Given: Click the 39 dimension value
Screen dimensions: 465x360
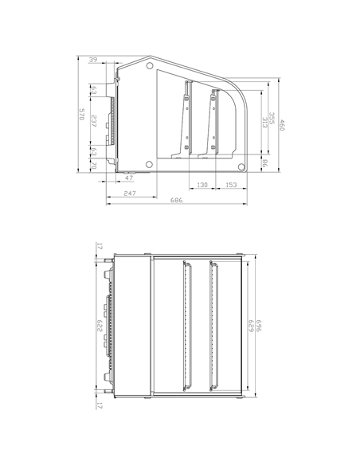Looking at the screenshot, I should (x=93, y=61).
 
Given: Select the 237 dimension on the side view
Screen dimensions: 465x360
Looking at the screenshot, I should (x=94, y=122).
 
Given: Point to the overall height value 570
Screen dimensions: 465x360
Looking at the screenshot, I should (x=80, y=115).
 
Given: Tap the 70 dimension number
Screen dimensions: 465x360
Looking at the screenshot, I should (x=94, y=165).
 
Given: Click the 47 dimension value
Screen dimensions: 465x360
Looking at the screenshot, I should (x=129, y=178).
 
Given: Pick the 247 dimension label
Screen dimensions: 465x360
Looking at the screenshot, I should (x=130, y=193).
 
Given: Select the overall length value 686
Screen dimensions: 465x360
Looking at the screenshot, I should (x=177, y=201).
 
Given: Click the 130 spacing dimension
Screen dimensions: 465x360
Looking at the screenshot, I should (x=202, y=185).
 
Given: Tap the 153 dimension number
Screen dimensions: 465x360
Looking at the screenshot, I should (x=230, y=185).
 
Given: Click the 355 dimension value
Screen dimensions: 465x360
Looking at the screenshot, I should (x=272, y=117).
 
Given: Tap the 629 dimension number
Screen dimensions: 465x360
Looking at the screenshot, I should (x=250, y=326).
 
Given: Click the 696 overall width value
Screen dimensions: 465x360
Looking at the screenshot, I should (x=259, y=326).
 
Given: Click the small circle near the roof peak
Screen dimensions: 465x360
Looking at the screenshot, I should (x=151, y=65).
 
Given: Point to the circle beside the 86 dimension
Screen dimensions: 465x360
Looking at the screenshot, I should (x=241, y=166).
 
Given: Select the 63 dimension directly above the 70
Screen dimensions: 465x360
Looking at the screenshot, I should (x=94, y=151).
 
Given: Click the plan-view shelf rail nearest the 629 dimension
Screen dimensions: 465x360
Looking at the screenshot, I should (x=213, y=326).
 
